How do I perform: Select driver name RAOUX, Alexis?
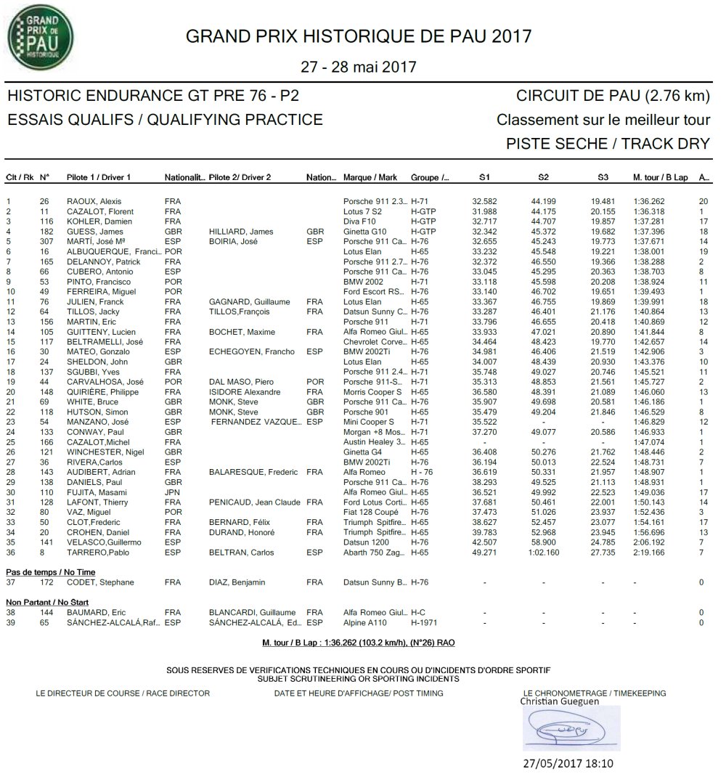point(94,201)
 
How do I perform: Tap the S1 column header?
point(484,177)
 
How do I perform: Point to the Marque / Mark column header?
point(370,177)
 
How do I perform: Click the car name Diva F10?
point(361,221)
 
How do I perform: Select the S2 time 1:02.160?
point(544,553)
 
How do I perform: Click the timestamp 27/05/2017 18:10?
point(568,763)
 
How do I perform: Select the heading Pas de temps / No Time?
point(50,573)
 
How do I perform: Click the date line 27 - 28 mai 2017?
point(359,67)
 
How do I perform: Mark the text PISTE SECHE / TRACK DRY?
point(608,143)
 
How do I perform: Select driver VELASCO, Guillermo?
point(102,542)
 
